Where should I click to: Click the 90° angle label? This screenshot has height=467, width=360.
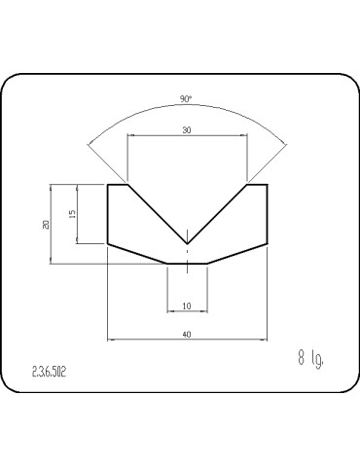pyautogui.click(x=186, y=99)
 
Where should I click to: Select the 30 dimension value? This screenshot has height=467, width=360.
pyautogui.click(x=187, y=130)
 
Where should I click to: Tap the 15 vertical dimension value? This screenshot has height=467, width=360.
pyautogui.click(x=73, y=213)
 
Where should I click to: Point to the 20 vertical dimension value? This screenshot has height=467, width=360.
pyautogui.click(x=46, y=225)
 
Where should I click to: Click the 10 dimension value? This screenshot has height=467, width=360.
pyautogui.click(x=187, y=305)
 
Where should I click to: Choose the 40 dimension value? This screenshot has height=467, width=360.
pyautogui.click(x=187, y=335)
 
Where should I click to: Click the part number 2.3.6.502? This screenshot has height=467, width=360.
pyautogui.click(x=49, y=372)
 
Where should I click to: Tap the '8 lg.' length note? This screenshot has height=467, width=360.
pyautogui.click(x=310, y=359)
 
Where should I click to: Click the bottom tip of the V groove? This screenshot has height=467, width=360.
pyautogui.click(x=188, y=243)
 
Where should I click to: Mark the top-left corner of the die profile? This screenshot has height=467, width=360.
pyautogui.click(x=108, y=185)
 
